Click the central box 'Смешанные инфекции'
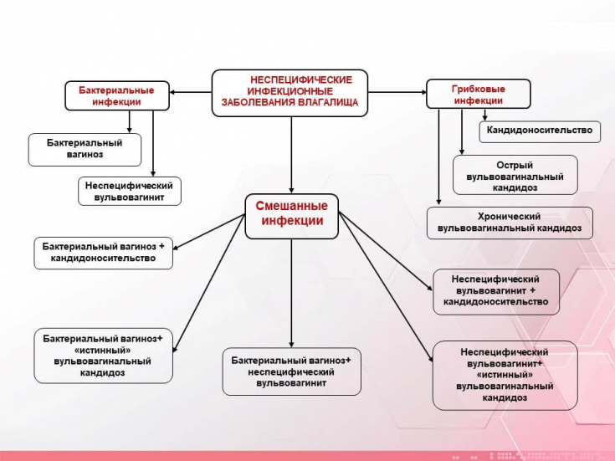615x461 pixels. click(291, 214)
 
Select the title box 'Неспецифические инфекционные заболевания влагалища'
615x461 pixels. click(290, 91)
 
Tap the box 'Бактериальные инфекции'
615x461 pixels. click(116, 95)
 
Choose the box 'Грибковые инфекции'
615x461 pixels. click(479, 94)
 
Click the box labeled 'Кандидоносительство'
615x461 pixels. click(540, 131)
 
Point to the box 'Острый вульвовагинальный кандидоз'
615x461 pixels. click(515, 176)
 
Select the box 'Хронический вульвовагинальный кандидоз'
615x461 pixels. click(510, 223)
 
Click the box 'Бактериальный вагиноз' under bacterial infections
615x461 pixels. click(85, 149)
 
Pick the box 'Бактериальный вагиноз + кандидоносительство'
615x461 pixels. click(104, 254)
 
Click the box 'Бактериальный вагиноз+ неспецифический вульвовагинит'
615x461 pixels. click(291, 371)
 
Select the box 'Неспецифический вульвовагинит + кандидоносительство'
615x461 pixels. click(496, 290)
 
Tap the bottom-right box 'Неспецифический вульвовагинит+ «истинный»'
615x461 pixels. click(505, 375)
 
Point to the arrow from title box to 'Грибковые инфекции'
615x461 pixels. click(397, 92)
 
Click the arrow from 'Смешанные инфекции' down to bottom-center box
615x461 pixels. click(291, 293)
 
